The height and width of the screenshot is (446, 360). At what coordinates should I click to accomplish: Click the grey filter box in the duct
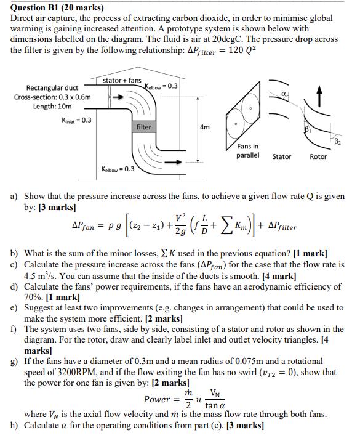[x=144, y=126]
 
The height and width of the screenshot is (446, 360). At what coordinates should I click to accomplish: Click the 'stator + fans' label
[x=122, y=81]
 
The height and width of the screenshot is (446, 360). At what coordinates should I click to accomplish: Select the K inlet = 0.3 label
[x=77, y=120]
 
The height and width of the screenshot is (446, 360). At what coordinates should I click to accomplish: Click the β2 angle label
[x=337, y=142]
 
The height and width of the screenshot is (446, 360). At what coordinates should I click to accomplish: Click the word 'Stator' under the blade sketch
[x=282, y=156]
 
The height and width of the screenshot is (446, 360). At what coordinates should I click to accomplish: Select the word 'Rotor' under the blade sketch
[x=318, y=156]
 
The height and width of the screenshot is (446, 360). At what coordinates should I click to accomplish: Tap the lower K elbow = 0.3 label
[x=119, y=168]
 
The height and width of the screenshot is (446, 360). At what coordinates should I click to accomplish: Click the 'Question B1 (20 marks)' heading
[x=58, y=8]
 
